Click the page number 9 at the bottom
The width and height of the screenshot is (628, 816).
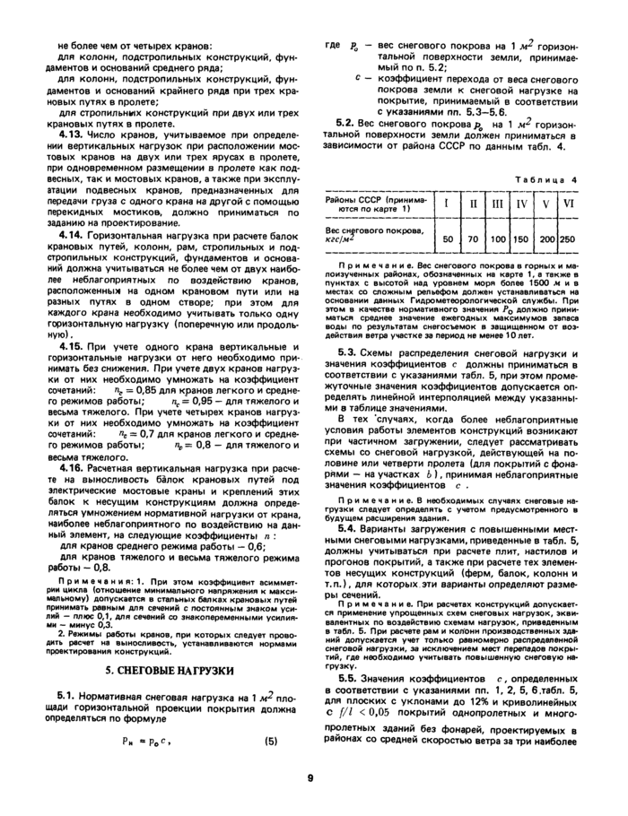click(310, 777)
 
